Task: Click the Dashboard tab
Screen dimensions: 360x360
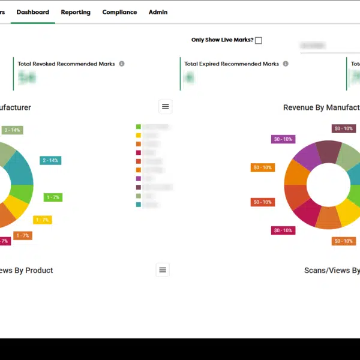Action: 33,12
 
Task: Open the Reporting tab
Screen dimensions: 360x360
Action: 76,12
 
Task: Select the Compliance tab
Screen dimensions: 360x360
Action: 119,12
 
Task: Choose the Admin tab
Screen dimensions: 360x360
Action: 158,12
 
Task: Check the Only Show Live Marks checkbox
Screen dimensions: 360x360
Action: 259,41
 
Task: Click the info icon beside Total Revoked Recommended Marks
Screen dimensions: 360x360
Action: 122,64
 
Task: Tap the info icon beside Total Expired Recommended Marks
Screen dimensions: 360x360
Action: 286,64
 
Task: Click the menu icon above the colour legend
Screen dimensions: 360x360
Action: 166,107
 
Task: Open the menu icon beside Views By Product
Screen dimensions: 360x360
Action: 163,270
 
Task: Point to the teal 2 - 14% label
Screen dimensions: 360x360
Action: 50,160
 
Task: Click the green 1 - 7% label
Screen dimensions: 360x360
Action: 53,197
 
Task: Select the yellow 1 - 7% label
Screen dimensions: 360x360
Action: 42,220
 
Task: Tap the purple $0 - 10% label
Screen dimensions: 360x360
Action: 283,139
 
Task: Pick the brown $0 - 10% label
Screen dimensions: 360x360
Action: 344,128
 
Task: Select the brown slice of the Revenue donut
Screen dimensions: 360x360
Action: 329,150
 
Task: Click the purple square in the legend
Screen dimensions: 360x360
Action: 139,178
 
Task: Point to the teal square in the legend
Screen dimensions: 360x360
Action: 139,205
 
